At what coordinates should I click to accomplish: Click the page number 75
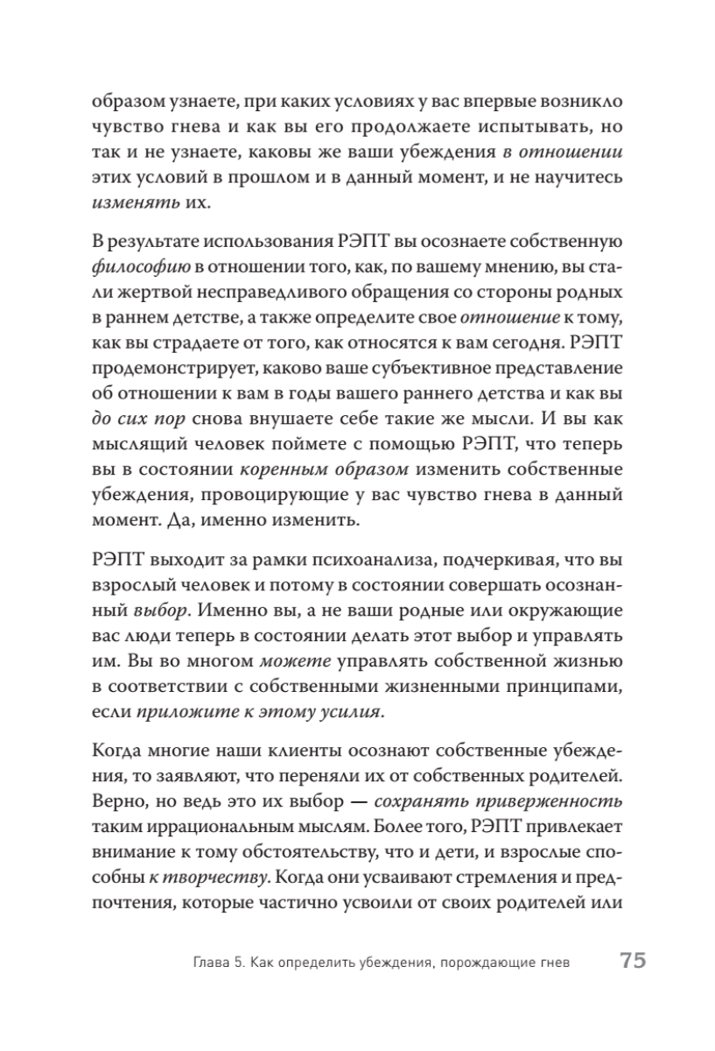(x=633, y=962)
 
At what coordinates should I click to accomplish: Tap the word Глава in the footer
(x=214, y=964)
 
